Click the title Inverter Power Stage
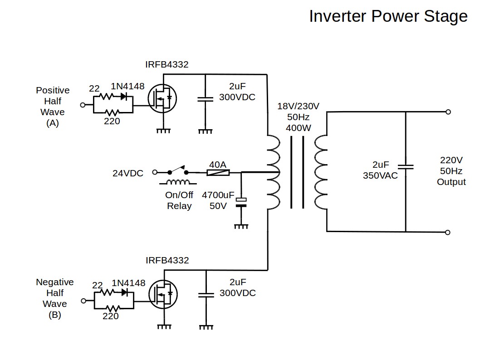coord(388,16)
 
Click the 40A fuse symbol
coord(218,172)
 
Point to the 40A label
coord(218,164)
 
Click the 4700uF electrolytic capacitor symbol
coord(241,202)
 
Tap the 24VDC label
coord(128,173)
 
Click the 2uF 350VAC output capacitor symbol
coord(405,166)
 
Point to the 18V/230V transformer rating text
coord(298,107)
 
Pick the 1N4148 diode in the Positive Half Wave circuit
coord(124,96)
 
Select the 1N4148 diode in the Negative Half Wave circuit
coord(124,292)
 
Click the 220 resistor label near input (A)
coord(112,121)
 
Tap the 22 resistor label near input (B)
coord(97,285)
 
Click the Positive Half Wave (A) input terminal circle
coord(83,105)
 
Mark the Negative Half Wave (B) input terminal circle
coord(83,301)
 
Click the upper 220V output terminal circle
coord(448,112)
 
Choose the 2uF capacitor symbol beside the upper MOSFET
coord(205,99)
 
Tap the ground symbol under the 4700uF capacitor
coord(241,225)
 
